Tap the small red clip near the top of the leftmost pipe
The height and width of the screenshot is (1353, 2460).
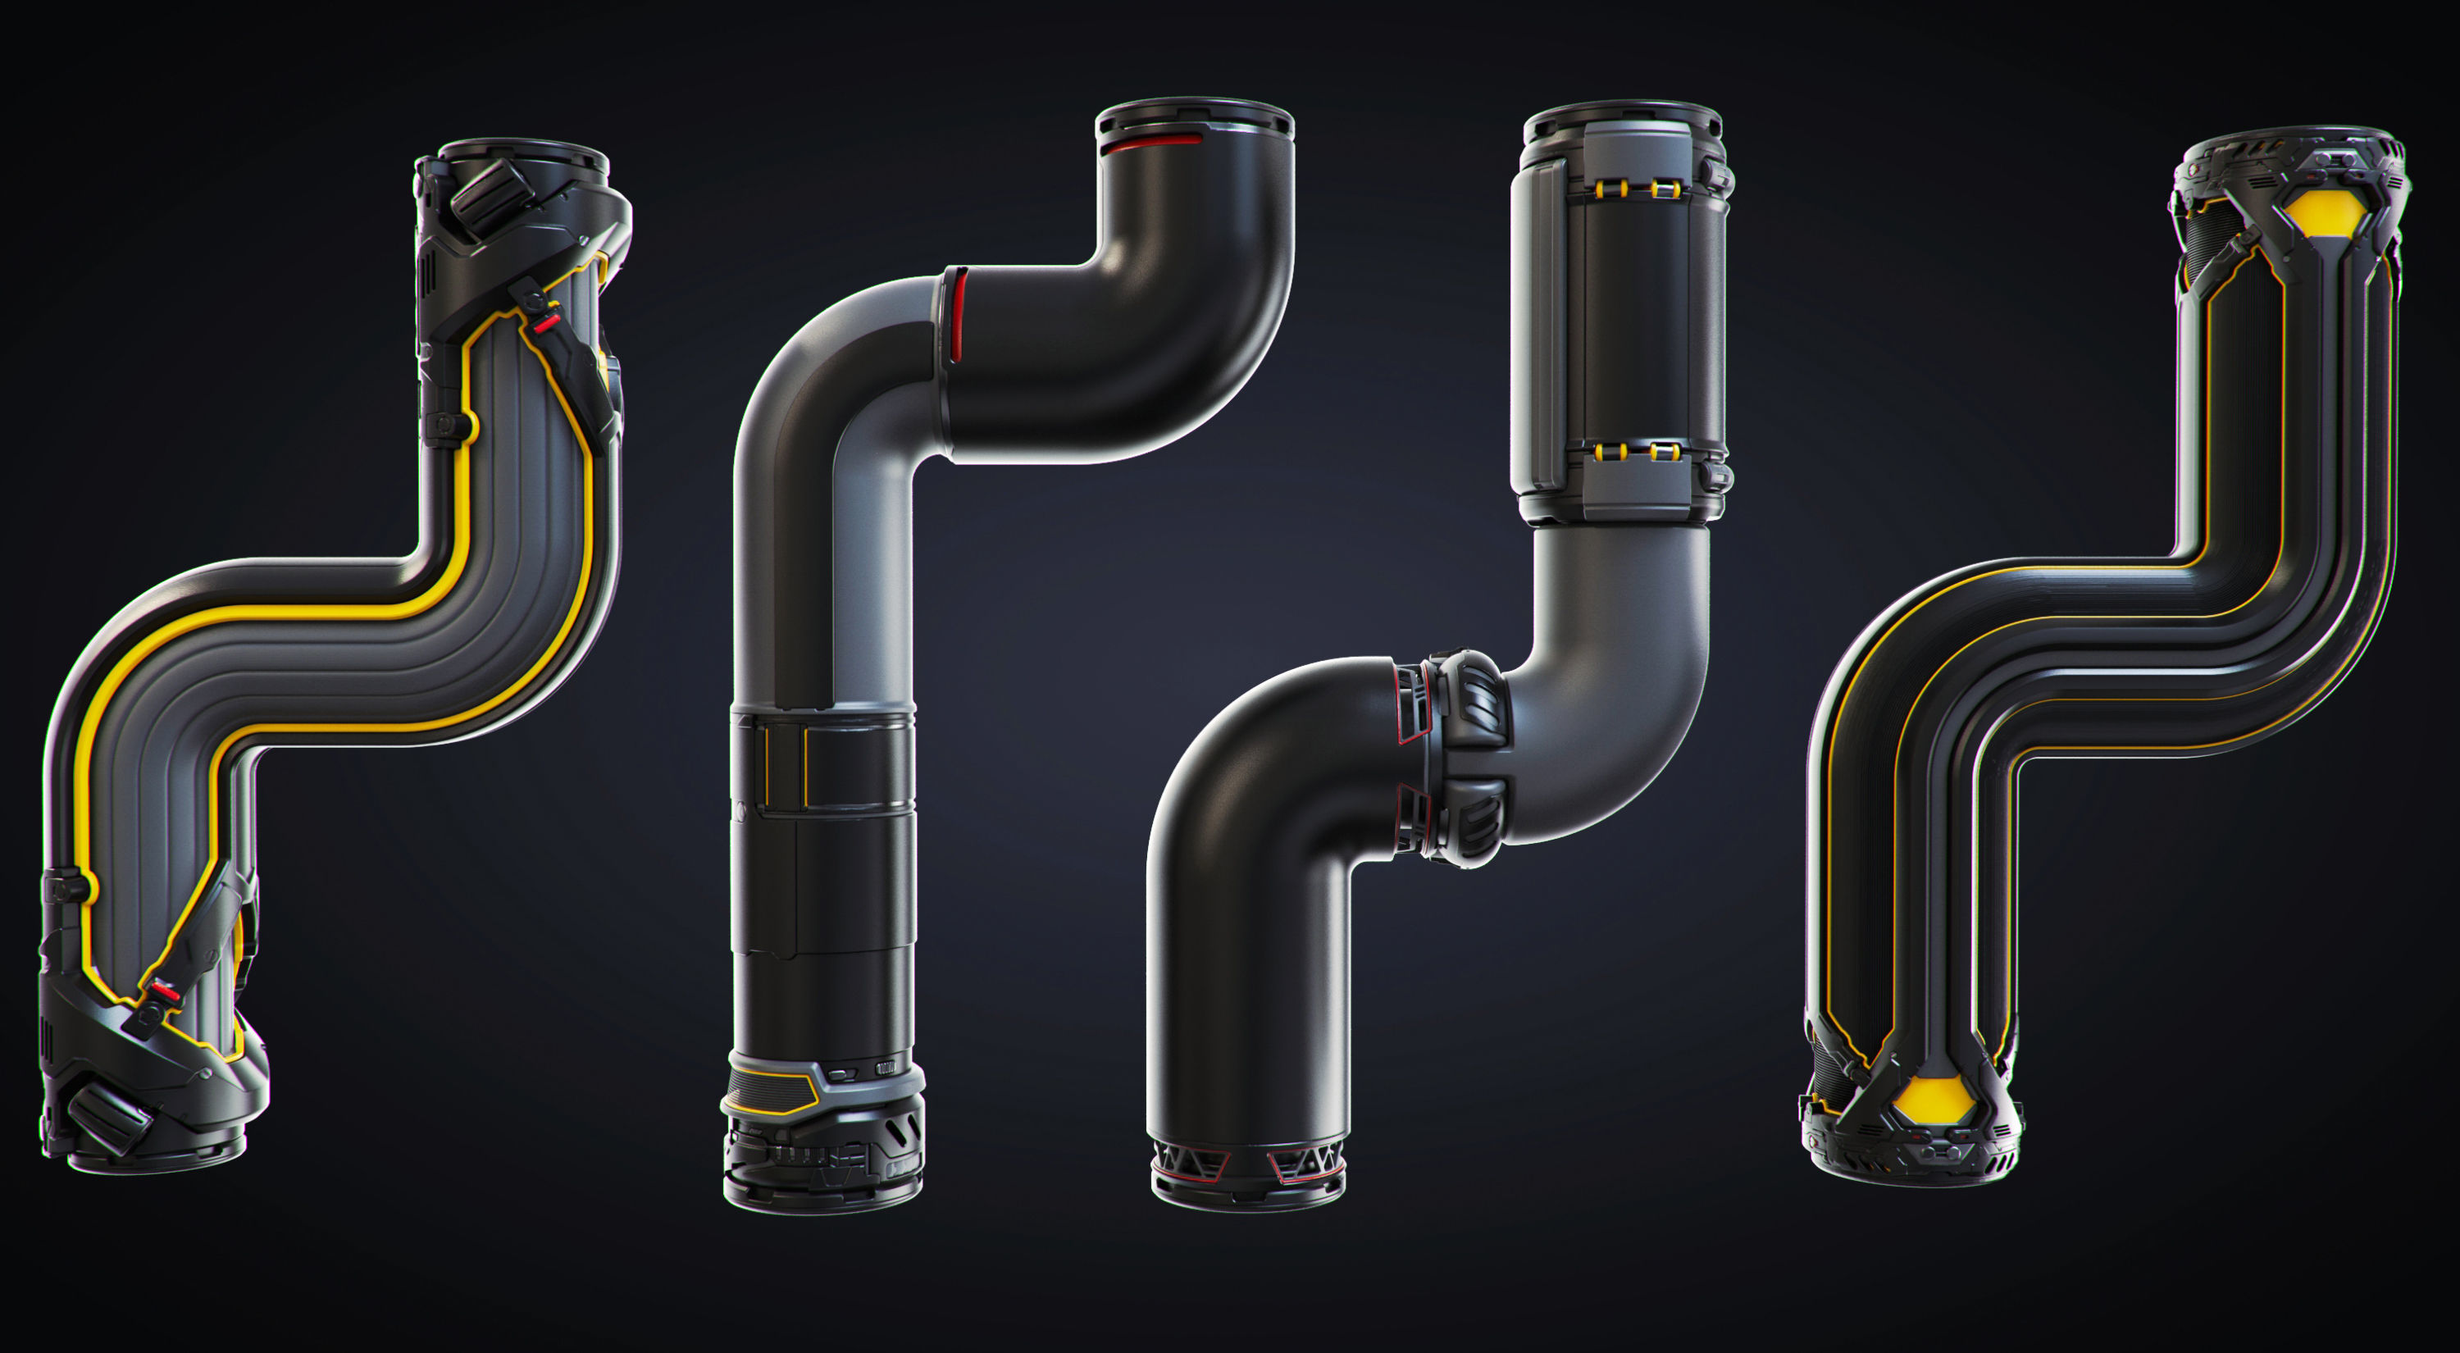(545, 325)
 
